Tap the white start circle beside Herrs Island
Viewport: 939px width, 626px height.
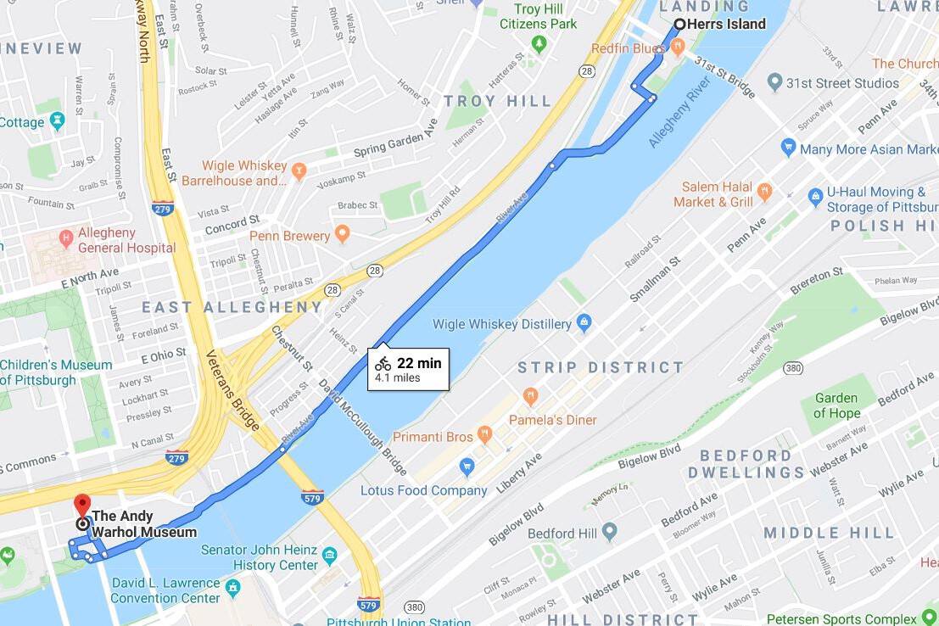(679, 24)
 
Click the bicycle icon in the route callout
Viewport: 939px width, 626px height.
(383, 364)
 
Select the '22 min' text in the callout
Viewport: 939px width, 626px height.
(419, 363)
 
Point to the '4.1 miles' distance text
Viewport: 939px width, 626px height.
(398, 378)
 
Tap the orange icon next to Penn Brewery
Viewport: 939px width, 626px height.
(342, 233)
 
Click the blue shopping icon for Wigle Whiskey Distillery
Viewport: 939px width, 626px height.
(584, 322)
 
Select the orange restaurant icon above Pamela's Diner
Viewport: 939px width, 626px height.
(531, 396)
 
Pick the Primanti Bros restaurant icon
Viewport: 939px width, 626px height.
(484, 435)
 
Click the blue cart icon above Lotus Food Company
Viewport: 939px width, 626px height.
(466, 467)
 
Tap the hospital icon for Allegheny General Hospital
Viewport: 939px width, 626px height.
(65, 233)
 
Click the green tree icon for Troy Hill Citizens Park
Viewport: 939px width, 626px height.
(538, 43)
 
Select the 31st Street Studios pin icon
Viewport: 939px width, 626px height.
(774, 82)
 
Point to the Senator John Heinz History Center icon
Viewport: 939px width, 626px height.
(330, 556)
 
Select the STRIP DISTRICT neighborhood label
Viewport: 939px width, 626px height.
(601, 367)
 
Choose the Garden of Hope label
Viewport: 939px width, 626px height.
(836, 405)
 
